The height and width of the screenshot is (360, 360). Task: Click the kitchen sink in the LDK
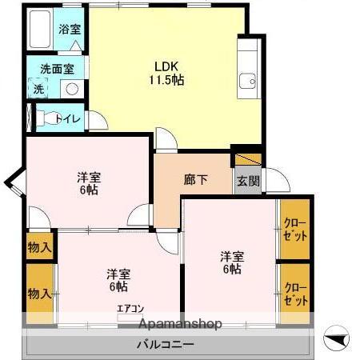(248, 80)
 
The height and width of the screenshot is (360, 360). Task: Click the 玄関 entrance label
(247, 181)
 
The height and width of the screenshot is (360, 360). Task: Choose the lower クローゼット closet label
(295, 294)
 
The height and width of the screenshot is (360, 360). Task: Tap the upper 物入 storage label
(40, 246)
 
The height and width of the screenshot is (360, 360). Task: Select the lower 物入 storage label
(40, 294)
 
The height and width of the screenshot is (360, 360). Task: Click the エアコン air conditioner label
(130, 308)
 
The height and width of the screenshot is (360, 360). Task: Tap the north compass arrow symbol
(338, 340)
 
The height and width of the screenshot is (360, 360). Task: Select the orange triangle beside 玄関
(248, 158)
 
